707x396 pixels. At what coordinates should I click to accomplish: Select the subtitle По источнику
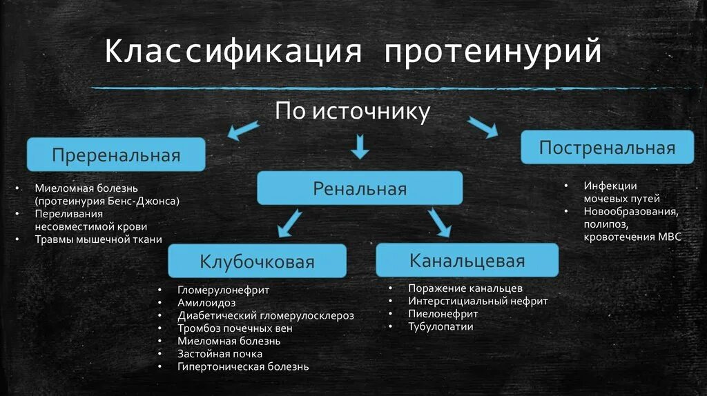pos(353,111)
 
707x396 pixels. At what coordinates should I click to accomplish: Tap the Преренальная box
pos(116,155)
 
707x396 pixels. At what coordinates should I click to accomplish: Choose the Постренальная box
pos(607,148)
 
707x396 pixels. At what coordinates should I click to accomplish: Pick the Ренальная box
pos(360,188)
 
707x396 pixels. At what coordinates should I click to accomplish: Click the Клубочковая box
pos(257,261)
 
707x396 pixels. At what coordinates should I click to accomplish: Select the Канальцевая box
pos(467,260)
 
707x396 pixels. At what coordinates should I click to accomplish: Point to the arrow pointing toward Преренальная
pos(244,129)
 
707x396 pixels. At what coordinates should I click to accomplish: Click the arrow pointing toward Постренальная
pos(483,127)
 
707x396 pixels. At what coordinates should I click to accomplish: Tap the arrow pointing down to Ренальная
pos(360,146)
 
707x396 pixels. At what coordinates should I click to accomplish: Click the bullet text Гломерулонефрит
pos(223,290)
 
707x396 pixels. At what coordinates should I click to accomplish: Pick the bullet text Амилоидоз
pos(206,303)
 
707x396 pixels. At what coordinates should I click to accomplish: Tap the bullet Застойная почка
pos(220,354)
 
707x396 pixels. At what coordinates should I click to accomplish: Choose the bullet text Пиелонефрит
pos(443,314)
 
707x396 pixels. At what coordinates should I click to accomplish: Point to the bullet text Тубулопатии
pos(440,326)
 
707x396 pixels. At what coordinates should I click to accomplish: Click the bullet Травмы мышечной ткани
pos(99,239)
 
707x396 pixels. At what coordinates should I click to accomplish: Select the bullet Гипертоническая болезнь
pos(243,366)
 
